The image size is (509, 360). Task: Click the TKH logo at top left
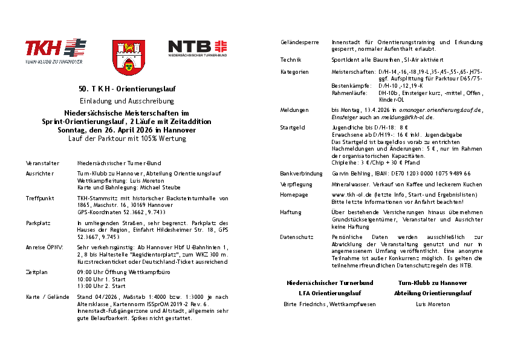tap(55, 51)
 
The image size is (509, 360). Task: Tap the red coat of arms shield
tap(128, 57)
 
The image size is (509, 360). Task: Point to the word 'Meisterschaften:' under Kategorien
tap(353, 72)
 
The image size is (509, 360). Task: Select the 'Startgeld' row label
tap(293, 128)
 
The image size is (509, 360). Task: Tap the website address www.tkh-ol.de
tap(352, 195)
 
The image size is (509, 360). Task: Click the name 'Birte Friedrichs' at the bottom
tap(305, 304)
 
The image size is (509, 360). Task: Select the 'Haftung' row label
tap(291, 212)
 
